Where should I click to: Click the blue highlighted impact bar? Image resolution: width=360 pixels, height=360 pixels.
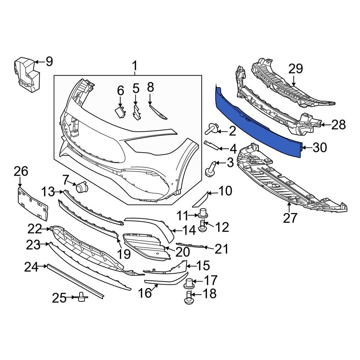pos(257,122)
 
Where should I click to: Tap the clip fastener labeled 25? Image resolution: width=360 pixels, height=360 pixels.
pos(82,297)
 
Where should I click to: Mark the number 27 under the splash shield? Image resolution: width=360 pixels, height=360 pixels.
pos(290,218)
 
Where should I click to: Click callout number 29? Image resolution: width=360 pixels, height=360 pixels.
pos(295,69)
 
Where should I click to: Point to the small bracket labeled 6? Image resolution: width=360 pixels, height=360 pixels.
pos(120,113)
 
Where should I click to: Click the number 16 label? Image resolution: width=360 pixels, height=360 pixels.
pos(145,293)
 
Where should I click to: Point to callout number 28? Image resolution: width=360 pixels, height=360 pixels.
pos(338,125)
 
